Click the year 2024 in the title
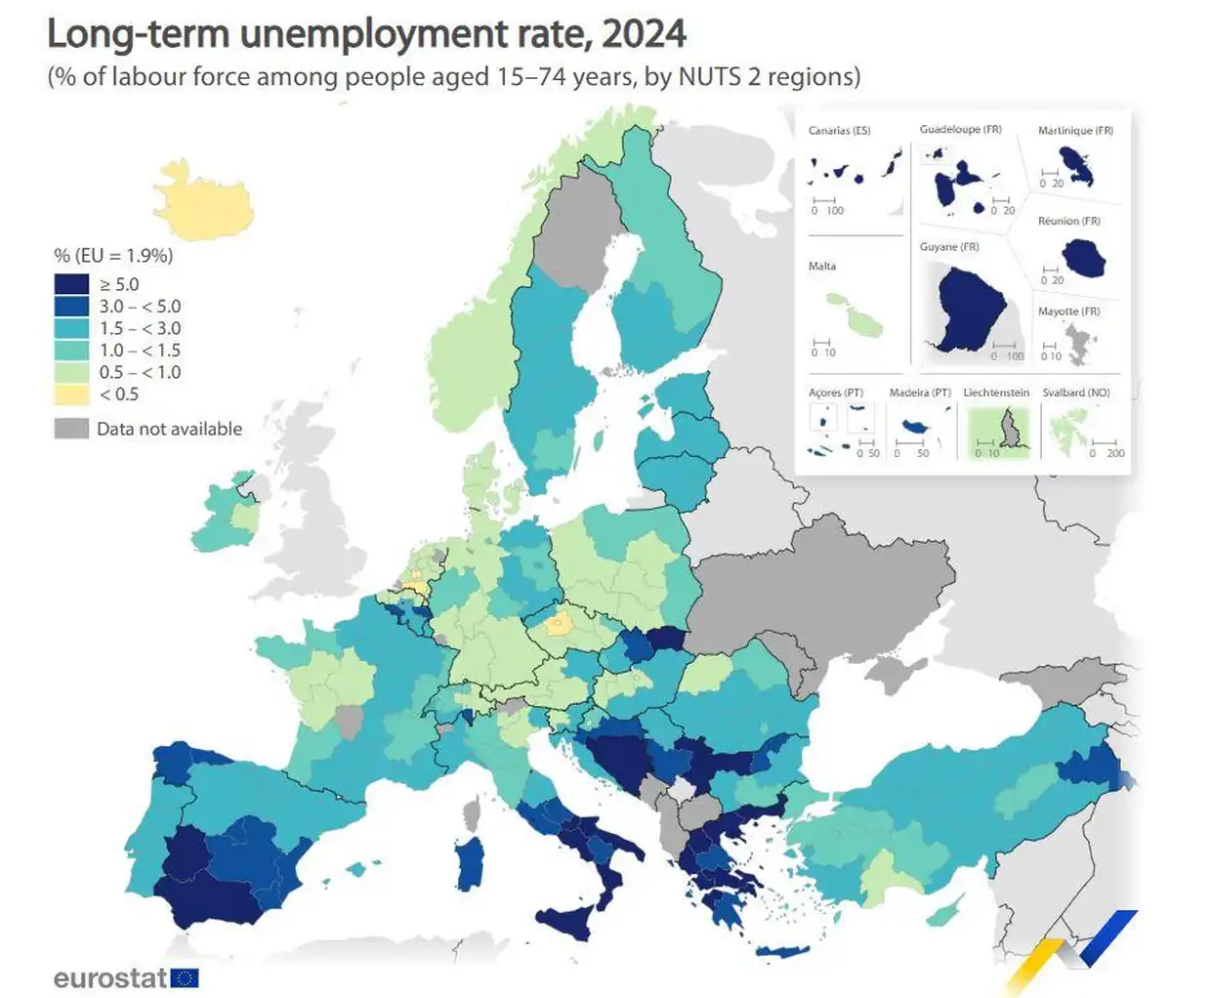pyautogui.click(x=644, y=34)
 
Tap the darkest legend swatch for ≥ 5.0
pyautogui.click(x=71, y=284)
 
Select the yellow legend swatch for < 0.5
pyautogui.click(x=71, y=395)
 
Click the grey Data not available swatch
pyautogui.click(x=71, y=429)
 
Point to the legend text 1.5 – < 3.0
pyautogui.click(x=140, y=328)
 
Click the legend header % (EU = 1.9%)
pyautogui.click(x=113, y=256)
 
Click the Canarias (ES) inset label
pyautogui.click(x=839, y=131)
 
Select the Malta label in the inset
pyautogui.click(x=821, y=267)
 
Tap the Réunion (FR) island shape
pyautogui.click(x=1082, y=258)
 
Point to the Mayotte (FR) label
pyautogui.click(x=1068, y=312)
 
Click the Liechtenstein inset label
pyautogui.click(x=995, y=393)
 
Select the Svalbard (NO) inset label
pyautogui.click(x=1075, y=393)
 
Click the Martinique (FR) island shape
pyautogui.click(x=1077, y=166)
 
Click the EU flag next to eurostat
pyautogui.click(x=185, y=978)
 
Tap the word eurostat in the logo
pyautogui.click(x=109, y=978)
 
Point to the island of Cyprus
pyautogui.click(x=943, y=913)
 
